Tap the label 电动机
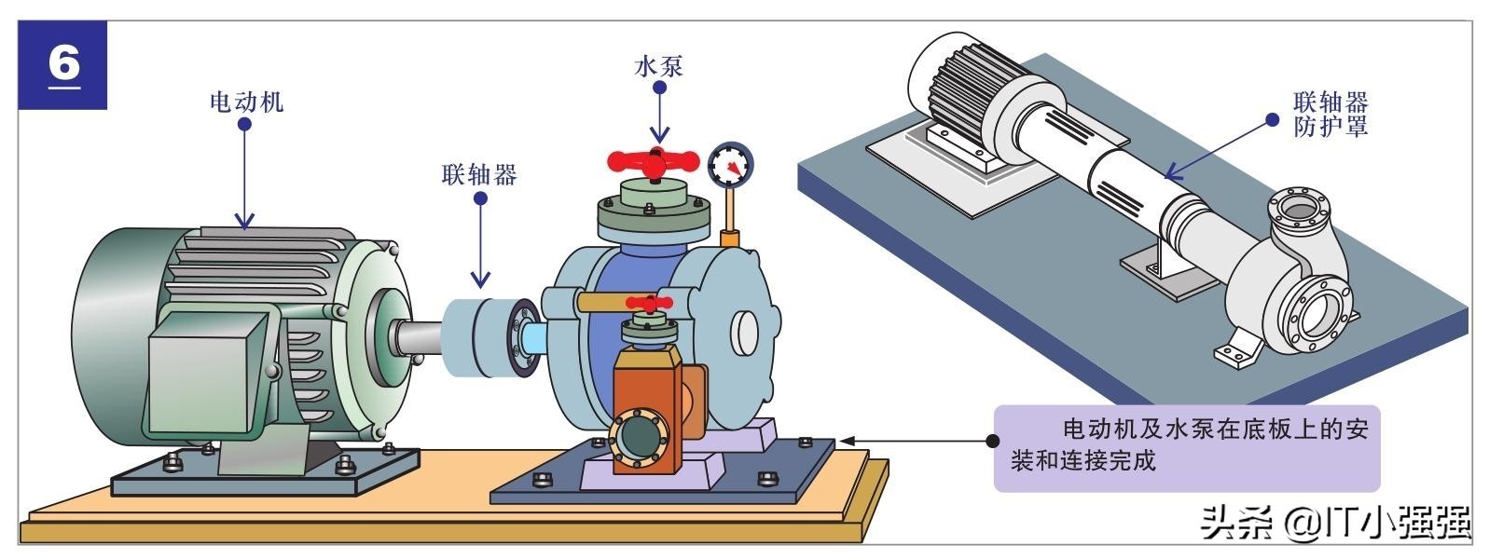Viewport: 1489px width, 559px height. (246, 101)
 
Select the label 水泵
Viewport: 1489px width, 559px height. (659, 66)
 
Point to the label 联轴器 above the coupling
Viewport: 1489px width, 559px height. (479, 174)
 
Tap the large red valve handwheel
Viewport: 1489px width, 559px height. (654, 161)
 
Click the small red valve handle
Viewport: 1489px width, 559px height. (649, 304)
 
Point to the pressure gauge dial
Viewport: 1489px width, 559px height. (731, 166)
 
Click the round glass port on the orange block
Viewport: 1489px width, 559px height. (638, 438)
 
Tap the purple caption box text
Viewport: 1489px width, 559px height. (1186, 445)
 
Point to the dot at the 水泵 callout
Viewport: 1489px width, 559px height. (659, 89)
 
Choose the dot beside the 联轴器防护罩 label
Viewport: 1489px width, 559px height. (1272, 120)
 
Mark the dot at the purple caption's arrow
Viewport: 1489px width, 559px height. (993, 440)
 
